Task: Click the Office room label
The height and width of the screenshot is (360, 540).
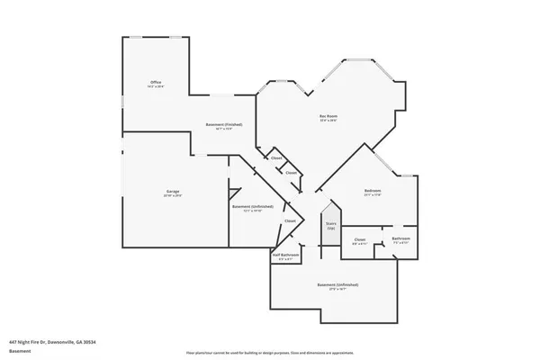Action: pos(156,82)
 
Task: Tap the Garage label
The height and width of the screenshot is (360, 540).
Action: pos(173,192)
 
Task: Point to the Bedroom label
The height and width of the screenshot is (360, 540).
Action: pos(373,191)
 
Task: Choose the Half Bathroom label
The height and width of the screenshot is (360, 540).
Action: pos(285,255)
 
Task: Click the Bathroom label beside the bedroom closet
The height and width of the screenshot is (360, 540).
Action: pos(401,238)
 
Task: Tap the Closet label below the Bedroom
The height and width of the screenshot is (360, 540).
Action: pos(359,238)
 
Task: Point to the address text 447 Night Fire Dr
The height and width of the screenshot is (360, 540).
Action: pos(51,342)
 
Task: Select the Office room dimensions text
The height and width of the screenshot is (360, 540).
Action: pos(156,86)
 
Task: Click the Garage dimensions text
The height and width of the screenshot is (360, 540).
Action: pos(173,196)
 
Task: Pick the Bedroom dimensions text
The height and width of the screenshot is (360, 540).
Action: pos(373,195)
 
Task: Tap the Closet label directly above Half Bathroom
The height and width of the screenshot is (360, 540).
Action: pos(290,221)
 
